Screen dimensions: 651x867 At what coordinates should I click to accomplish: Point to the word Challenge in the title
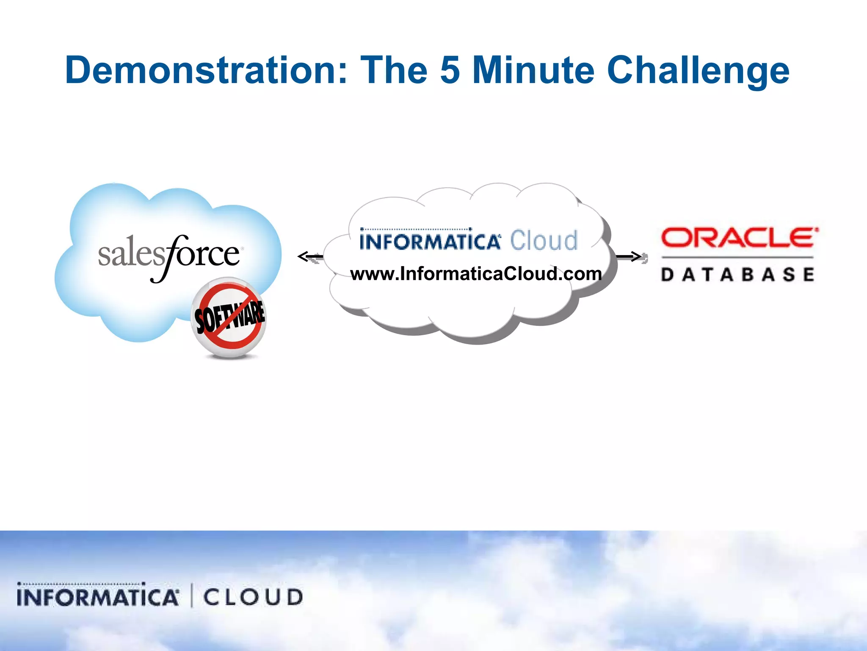coord(698,71)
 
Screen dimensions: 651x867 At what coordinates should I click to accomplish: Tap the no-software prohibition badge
coord(229,317)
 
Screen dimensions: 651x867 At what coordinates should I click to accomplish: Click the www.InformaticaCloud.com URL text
coord(476,274)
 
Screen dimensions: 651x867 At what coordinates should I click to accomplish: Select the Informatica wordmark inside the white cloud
coord(430,241)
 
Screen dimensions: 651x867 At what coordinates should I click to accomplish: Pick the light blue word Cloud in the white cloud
coord(544,241)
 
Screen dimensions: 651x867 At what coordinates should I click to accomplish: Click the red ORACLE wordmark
coord(739,238)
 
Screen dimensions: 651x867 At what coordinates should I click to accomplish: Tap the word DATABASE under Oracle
coord(737,275)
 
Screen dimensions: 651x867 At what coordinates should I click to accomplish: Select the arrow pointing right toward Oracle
coord(630,256)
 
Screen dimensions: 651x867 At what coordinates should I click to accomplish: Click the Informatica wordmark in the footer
coord(98,596)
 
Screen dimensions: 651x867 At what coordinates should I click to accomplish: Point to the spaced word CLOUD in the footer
coord(253,597)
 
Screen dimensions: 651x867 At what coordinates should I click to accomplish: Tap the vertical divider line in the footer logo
coord(192,595)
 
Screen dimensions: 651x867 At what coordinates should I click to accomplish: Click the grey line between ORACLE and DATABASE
coord(737,257)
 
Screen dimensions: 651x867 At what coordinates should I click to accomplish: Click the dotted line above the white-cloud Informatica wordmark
coord(415,229)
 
